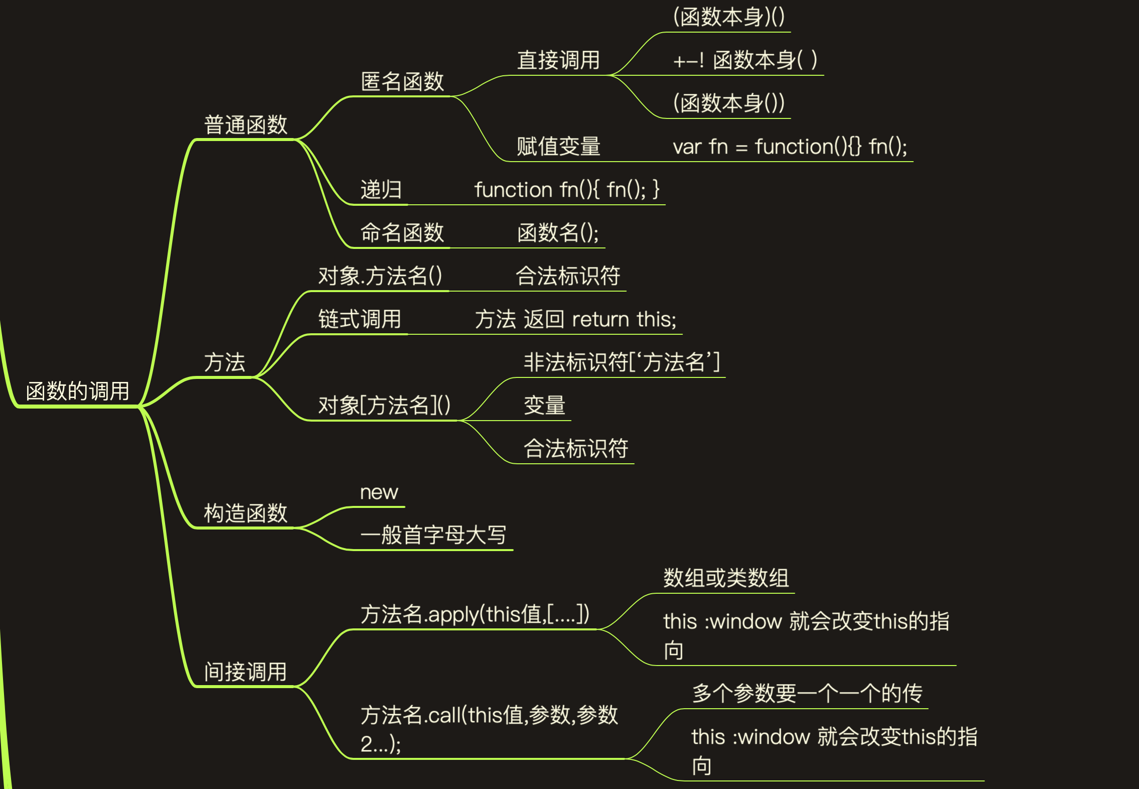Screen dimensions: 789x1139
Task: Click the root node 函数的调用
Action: (78, 391)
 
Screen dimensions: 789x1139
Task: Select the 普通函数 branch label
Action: (245, 124)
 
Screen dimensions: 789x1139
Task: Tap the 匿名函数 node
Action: (402, 81)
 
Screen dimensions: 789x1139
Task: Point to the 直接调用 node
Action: (558, 60)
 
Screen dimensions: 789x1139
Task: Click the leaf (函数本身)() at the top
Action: (729, 17)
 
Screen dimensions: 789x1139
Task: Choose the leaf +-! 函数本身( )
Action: (745, 60)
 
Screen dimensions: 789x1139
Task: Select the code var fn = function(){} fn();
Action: (790, 147)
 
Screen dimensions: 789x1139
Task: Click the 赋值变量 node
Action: (558, 147)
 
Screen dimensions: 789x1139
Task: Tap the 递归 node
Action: (381, 190)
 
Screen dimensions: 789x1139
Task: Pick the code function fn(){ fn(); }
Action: (566, 190)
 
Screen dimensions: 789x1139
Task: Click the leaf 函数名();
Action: (558, 233)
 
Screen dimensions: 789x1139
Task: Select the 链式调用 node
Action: (360, 319)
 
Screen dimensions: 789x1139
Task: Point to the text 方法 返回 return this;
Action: (576, 319)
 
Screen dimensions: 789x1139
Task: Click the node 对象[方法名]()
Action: (384, 405)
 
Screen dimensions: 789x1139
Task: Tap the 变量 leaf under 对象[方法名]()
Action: (544, 405)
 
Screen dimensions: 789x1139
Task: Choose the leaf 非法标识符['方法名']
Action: (622, 362)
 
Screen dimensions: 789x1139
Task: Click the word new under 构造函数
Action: (379, 492)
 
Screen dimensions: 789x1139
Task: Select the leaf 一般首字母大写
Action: (434, 535)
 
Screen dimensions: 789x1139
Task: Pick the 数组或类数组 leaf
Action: (726, 578)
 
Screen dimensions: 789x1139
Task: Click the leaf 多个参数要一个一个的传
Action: (807, 694)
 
